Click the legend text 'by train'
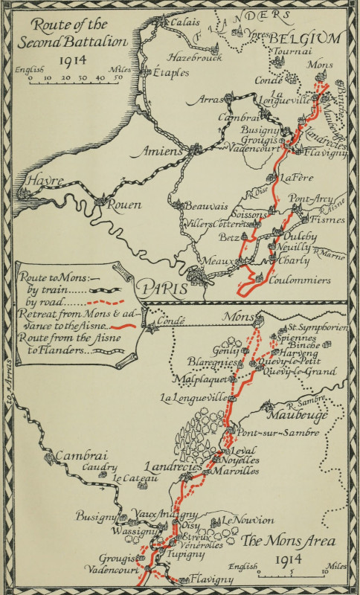coord(39,291)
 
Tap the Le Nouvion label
coord(248,520)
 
